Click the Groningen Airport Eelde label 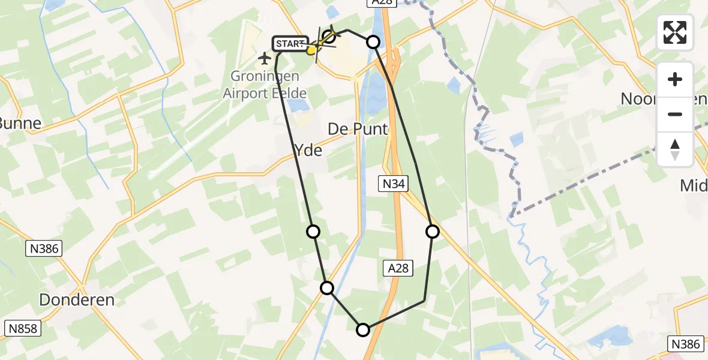(265, 85)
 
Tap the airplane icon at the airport (265, 58)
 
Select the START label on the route (290, 44)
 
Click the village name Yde (308, 150)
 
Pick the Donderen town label (77, 299)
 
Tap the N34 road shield (393, 184)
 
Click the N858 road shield (22, 328)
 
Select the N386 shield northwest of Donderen (44, 248)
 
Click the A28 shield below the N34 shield (398, 268)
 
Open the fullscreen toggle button (675, 32)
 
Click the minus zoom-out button (675, 114)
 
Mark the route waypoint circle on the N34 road (433, 232)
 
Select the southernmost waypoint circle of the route (363, 329)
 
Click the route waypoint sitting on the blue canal (327, 288)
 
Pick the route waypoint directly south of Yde (313, 232)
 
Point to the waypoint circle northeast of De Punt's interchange (373, 41)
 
